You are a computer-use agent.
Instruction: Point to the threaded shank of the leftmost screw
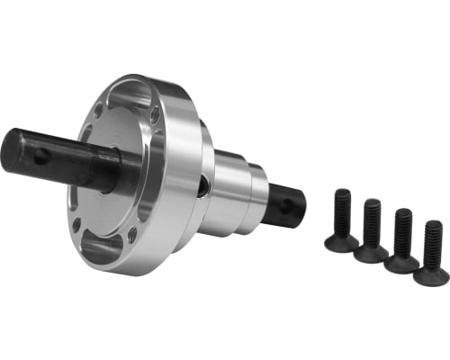click(342, 211)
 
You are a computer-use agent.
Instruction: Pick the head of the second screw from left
click(371, 253)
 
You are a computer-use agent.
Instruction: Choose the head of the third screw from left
click(401, 263)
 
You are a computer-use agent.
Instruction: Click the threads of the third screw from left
click(403, 231)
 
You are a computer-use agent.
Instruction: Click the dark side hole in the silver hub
click(204, 186)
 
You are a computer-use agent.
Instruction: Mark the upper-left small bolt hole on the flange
click(98, 112)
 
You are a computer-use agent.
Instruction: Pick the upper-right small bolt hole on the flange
click(155, 114)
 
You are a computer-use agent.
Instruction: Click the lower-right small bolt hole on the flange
click(132, 236)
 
